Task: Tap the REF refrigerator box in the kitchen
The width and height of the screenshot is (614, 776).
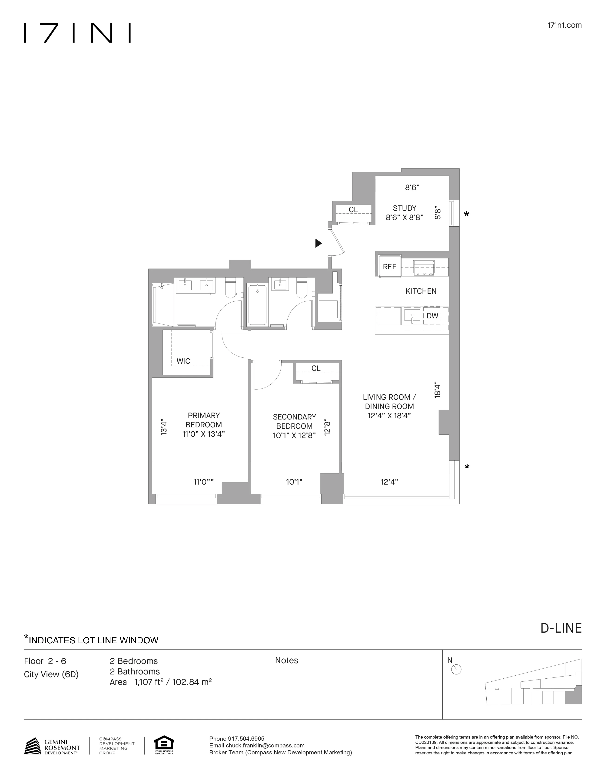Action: [x=389, y=267]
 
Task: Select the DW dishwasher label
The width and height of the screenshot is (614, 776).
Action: [x=432, y=316]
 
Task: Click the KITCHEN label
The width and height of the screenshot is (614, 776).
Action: [x=421, y=291]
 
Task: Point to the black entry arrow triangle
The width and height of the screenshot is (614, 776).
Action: [x=318, y=243]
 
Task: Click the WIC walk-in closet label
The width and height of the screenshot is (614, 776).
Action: [x=183, y=361]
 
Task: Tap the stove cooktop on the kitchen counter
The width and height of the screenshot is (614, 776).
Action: [x=424, y=268]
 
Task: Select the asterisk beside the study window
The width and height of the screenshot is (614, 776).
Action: [x=467, y=215]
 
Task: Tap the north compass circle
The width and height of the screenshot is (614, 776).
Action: [x=456, y=670]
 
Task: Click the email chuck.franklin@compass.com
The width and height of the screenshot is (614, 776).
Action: [x=257, y=746]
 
